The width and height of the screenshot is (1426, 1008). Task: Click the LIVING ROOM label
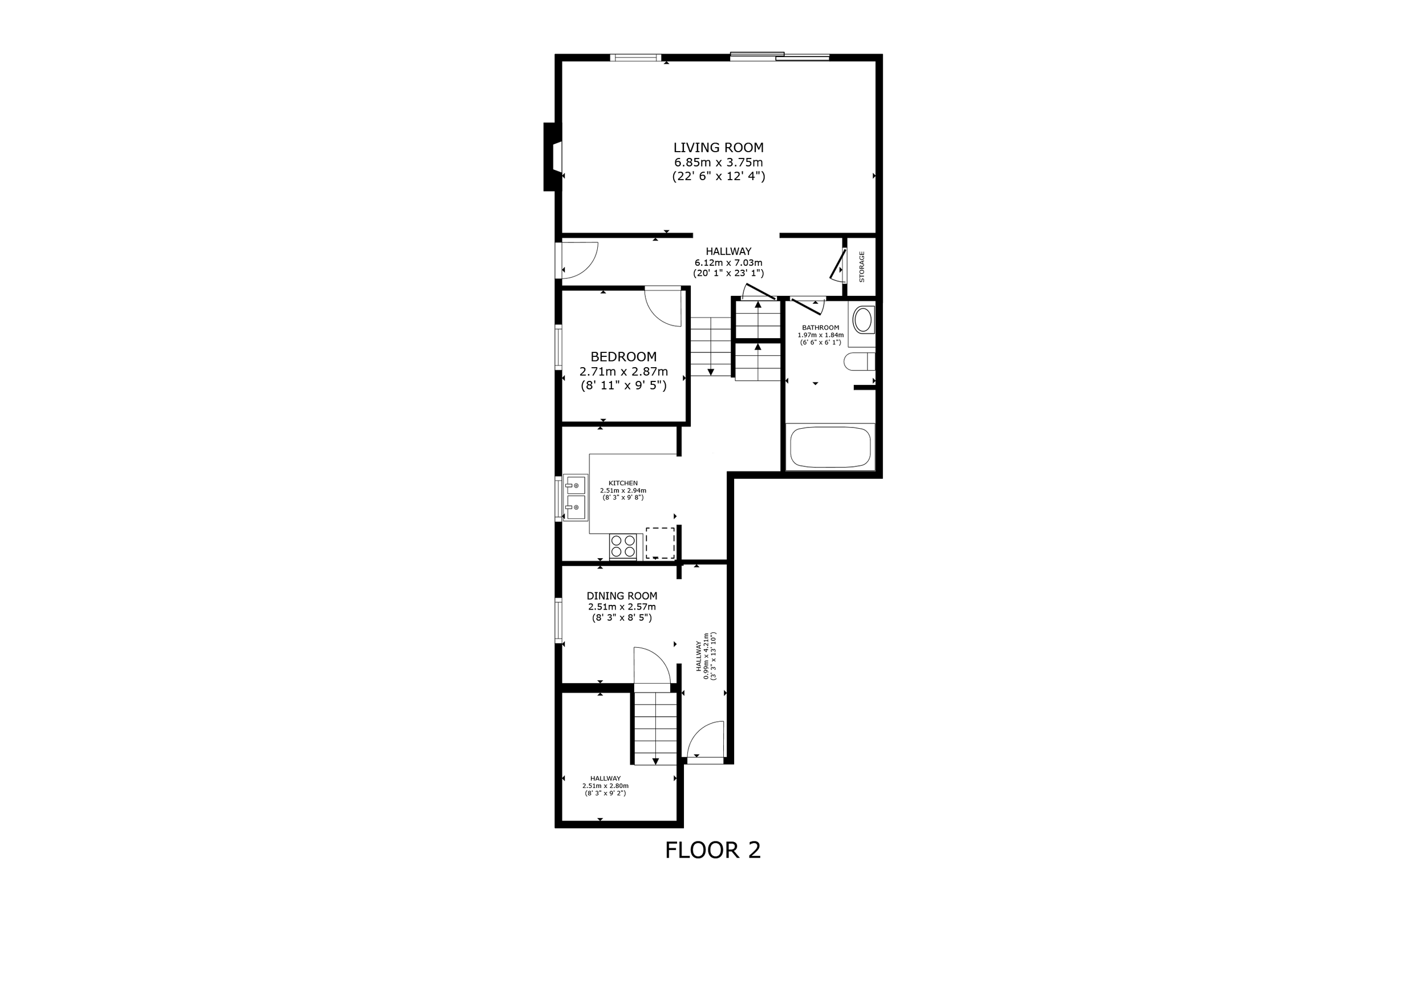click(x=718, y=148)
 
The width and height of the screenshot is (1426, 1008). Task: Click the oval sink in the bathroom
click(x=862, y=320)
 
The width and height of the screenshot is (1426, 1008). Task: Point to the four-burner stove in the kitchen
click(x=623, y=546)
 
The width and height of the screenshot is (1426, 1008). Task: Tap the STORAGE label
click(x=861, y=267)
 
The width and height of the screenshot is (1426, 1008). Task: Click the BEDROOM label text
click(x=623, y=357)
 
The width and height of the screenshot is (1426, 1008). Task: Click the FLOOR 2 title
click(x=712, y=850)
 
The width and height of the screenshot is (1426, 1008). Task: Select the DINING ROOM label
click(x=622, y=596)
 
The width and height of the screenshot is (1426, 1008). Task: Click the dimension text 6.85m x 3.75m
click(x=718, y=162)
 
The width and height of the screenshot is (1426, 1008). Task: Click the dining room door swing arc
click(x=652, y=665)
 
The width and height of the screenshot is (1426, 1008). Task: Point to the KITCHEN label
click(x=623, y=483)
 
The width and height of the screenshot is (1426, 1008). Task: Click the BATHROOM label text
click(x=820, y=328)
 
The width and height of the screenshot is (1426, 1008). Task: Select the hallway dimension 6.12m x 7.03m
click(x=728, y=263)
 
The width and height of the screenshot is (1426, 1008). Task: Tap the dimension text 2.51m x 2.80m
click(x=605, y=786)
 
